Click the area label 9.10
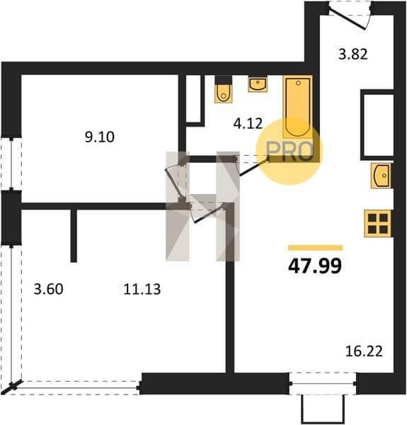(x=100, y=137)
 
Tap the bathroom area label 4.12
(x=248, y=123)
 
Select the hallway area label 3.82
(x=353, y=54)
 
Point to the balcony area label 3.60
(x=48, y=289)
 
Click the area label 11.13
(x=142, y=289)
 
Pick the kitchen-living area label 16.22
(x=364, y=351)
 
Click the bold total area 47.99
(x=315, y=266)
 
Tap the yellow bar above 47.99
(x=316, y=247)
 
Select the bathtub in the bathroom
(x=298, y=107)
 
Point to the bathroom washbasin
(x=258, y=84)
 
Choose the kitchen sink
(x=382, y=176)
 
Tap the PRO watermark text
(x=290, y=151)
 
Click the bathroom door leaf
(x=253, y=168)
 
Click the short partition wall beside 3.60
(x=74, y=236)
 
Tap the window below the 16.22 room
(x=323, y=383)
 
